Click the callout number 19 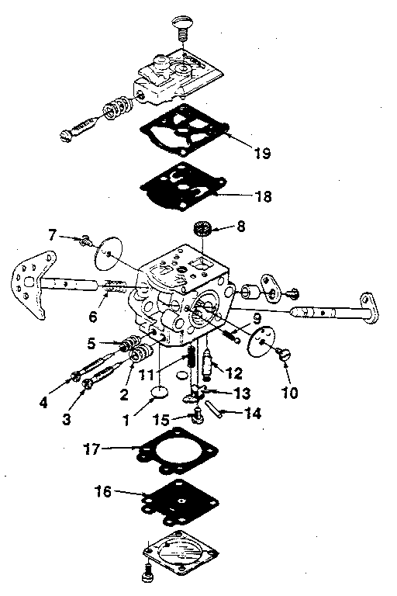pyautogui.click(x=261, y=153)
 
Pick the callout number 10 pyautogui.click(x=289, y=392)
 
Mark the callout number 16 pyautogui.click(x=102, y=491)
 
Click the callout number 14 pyautogui.click(x=252, y=414)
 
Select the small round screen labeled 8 pyautogui.click(x=202, y=230)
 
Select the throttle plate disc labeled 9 pyautogui.click(x=265, y=340)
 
